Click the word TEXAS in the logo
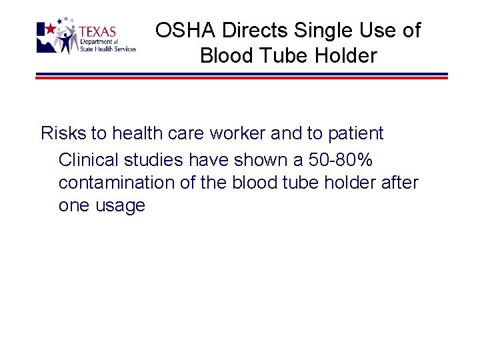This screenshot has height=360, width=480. tap(97, 32)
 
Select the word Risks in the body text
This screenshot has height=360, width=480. tap(63, 133)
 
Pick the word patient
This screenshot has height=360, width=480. tap(355, 133)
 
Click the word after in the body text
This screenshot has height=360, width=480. tap(397, 182)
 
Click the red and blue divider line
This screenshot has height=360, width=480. tap(241, 76)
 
